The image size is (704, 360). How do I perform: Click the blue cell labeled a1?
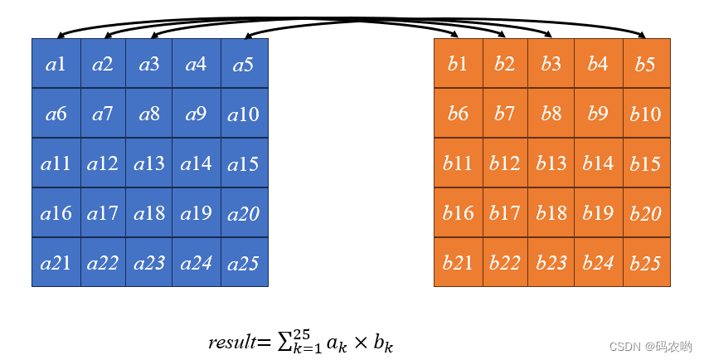tap(56, 63)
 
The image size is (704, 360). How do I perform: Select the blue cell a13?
tap(149, 163)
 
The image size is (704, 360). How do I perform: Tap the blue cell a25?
tap(244, 263)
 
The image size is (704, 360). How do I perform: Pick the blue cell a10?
tap(244, 113)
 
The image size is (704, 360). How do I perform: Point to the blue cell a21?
tap(56, 263)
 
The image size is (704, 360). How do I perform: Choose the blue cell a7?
tap(103, 113)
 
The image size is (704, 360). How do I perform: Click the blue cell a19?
tap(196, 213)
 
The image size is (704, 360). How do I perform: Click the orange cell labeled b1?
tap(458, 63)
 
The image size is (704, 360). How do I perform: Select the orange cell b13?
tap(551, 163)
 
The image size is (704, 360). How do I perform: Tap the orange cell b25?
tap(646, 263)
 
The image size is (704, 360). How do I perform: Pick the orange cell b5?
tap(646, 63)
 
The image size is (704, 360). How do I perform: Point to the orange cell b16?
tap(458, 213)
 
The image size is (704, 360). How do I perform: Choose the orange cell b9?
tap(598, 113)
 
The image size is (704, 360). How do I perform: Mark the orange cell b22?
tap(504, 263)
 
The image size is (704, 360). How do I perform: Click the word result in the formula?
tap(231, 342)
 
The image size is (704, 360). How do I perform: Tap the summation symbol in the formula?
tap(284, 341)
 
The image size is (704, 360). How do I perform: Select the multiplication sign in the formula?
tap(360, 342)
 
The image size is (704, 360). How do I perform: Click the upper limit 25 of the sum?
tap(301, 333)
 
